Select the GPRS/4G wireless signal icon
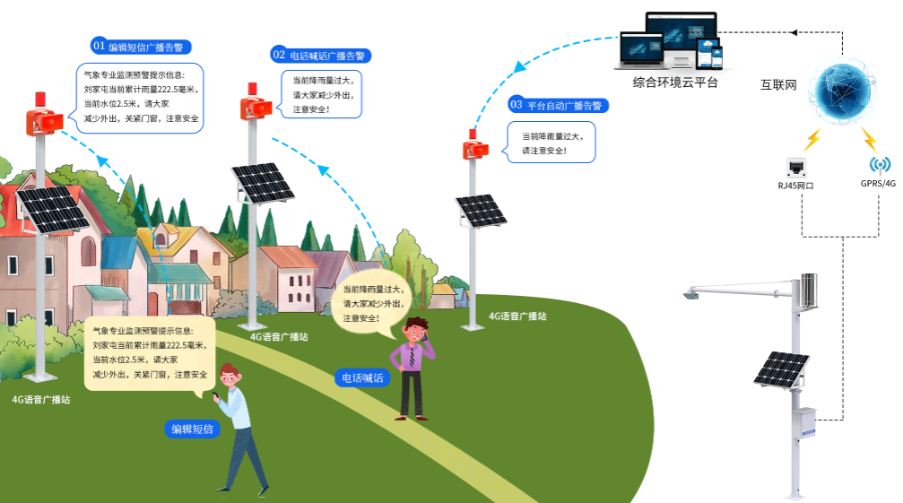click(x=879, y=165)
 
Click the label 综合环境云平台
click(x=675, y=82)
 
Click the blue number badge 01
click(x=99, y=46)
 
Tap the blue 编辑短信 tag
click(x=193, y=429)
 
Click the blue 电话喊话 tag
click(x=363, y=377)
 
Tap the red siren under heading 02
click(x=255, y=104)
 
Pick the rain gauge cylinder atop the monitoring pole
click(x=810, y=290)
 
